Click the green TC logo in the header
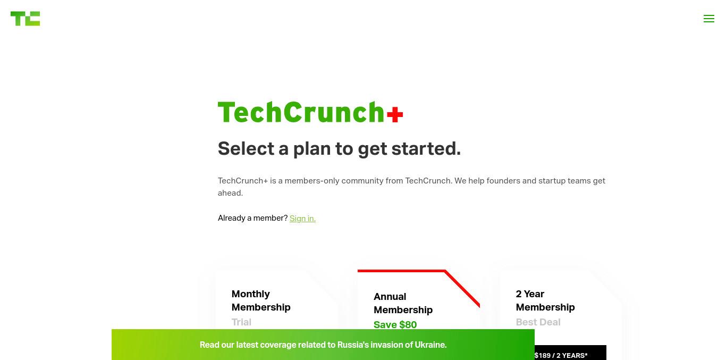click(x=26, y=19)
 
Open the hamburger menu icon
click(x=709, y=19)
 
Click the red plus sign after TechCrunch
click(x=395, y=114)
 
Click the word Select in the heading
click(x=246, y=149)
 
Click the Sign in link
click(x=302, y=218)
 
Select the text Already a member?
click(x=253, y=218)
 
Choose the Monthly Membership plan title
click(x=261, y=300)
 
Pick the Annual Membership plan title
click(x=403, y=303)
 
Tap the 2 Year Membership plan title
click(x=545, y=300)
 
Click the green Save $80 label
click(x=395, y=325)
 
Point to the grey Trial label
click(x=241, y=322)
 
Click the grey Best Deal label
click(x=538, y=322)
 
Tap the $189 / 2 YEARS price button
click(x=570, y=353)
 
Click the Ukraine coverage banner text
click(x=323, y=345)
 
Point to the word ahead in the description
click(x=230, y=193)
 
